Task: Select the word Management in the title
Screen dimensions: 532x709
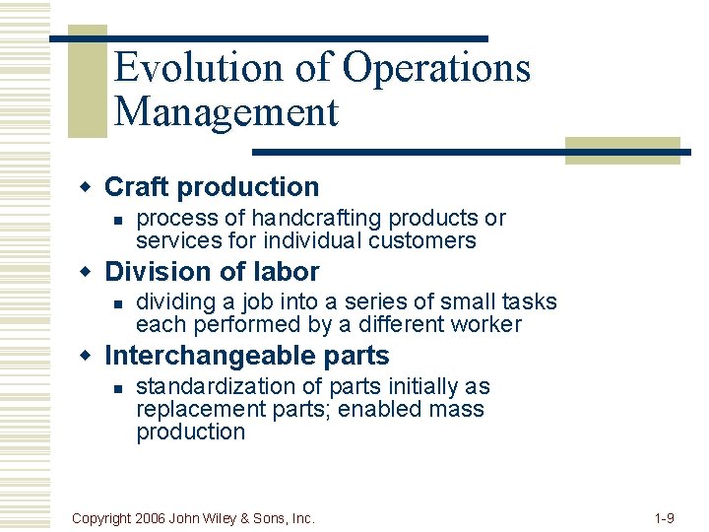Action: tap(226, 111)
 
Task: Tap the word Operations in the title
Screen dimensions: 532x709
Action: tap(436, 69)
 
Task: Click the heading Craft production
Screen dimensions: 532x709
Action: tap(212, 187)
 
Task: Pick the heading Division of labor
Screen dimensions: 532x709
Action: tap(212, 272)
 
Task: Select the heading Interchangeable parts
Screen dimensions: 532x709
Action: tap(246, 356)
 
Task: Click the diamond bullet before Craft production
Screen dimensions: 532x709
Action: tap(86, 187)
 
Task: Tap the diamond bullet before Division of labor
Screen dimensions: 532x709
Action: tap(86, 272)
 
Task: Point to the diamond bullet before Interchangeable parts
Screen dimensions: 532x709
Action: tap(86, 356)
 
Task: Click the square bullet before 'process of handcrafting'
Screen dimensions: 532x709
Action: tap(116, 220)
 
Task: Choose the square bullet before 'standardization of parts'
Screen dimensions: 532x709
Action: tap(116, 388)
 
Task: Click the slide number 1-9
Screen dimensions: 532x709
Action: tap(663, 517)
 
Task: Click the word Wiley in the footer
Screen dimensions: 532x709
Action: tap(232, 517)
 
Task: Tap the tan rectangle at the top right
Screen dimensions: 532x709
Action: tap(622, 150)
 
